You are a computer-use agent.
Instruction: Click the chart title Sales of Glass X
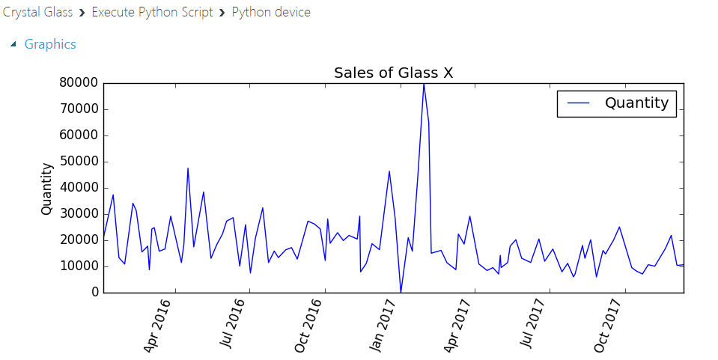tap(393, 73)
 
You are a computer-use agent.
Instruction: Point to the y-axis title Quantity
tap(47, 189)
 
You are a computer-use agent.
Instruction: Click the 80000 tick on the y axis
tap(79, 83)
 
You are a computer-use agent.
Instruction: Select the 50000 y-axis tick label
tap(79, 162)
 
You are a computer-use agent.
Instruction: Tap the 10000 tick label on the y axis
tap(79, 266)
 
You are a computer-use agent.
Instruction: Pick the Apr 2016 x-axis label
tap(158, 325)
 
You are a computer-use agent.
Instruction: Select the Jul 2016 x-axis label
tap(233, 325)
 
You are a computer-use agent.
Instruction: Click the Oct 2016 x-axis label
tap(308, 325)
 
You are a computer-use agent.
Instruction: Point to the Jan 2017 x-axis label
tap(383, 325)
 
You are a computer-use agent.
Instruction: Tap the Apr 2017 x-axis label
tap(457, 325)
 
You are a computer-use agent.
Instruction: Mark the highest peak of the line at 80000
tap(424, 84)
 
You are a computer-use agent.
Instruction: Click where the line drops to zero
tap(401, 292)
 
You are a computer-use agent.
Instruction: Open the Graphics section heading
tap(50, 44)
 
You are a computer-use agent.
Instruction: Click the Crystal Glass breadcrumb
tap(37, 12)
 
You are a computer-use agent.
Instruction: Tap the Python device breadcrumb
tap(271, 12)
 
